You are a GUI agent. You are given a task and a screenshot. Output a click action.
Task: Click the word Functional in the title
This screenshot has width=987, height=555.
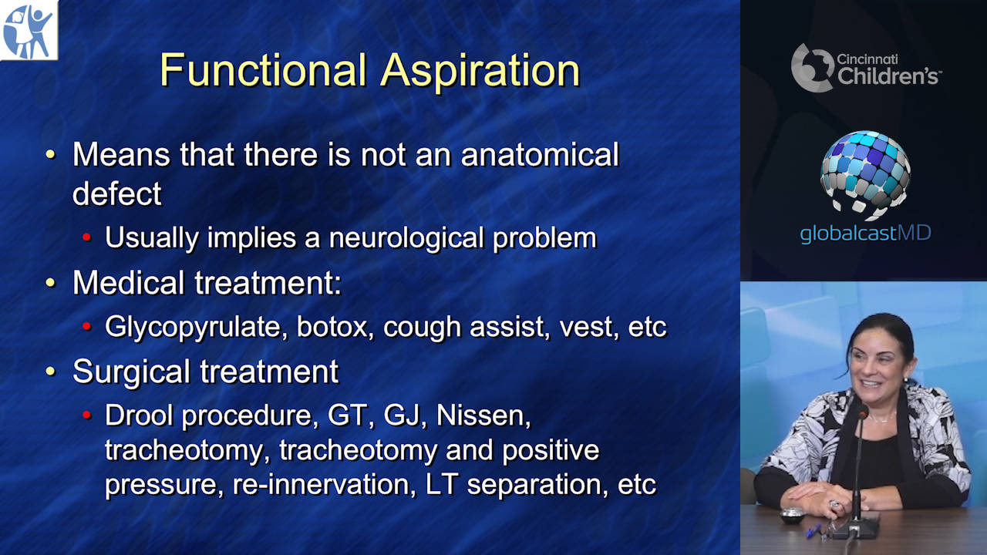tap(264, 70)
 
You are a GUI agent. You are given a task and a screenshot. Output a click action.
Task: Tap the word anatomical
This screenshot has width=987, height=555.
tap(541, 155)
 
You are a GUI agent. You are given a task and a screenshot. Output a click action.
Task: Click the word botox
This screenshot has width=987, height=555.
tap(335, 327)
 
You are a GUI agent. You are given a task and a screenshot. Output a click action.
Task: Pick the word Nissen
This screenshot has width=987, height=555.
tap(483, 415)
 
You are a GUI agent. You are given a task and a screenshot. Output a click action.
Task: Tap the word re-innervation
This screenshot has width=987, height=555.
tap(324, 485)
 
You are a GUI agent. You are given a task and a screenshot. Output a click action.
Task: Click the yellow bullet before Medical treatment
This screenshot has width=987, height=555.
tap(51, 282)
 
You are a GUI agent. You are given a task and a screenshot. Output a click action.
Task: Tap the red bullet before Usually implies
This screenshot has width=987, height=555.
tap(87, 237)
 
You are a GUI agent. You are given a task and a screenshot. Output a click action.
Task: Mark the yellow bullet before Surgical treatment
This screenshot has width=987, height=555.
tap(51, 371)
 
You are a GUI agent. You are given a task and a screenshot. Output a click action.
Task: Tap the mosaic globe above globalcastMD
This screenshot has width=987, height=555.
tap(865, 175)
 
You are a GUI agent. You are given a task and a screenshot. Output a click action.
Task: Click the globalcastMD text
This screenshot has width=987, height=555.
tap(865, 233)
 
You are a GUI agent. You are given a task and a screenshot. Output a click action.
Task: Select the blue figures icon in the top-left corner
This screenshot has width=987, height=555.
tap(29, 30)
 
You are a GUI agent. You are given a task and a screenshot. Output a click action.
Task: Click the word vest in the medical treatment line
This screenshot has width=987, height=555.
tap(589, 328)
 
